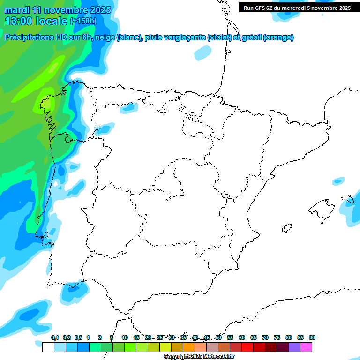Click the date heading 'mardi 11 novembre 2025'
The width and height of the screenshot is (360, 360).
58,10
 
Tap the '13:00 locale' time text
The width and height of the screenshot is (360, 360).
36,21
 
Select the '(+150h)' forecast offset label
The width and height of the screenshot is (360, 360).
83,21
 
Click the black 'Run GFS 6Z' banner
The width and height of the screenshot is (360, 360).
297,7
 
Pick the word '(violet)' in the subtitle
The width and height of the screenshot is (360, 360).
219,38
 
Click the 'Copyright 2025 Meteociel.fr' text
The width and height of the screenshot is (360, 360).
199,357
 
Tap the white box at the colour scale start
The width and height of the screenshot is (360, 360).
48,347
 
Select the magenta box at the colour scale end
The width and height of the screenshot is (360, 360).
306,347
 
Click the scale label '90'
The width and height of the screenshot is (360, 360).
312,337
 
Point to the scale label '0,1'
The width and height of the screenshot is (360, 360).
55,337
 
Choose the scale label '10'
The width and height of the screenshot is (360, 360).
125,337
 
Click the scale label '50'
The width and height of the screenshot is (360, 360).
218,337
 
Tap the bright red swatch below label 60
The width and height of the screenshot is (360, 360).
247,347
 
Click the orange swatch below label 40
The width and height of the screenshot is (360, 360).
189,347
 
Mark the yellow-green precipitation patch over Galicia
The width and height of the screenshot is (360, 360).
47,102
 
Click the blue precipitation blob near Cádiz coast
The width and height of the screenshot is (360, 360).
74,291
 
